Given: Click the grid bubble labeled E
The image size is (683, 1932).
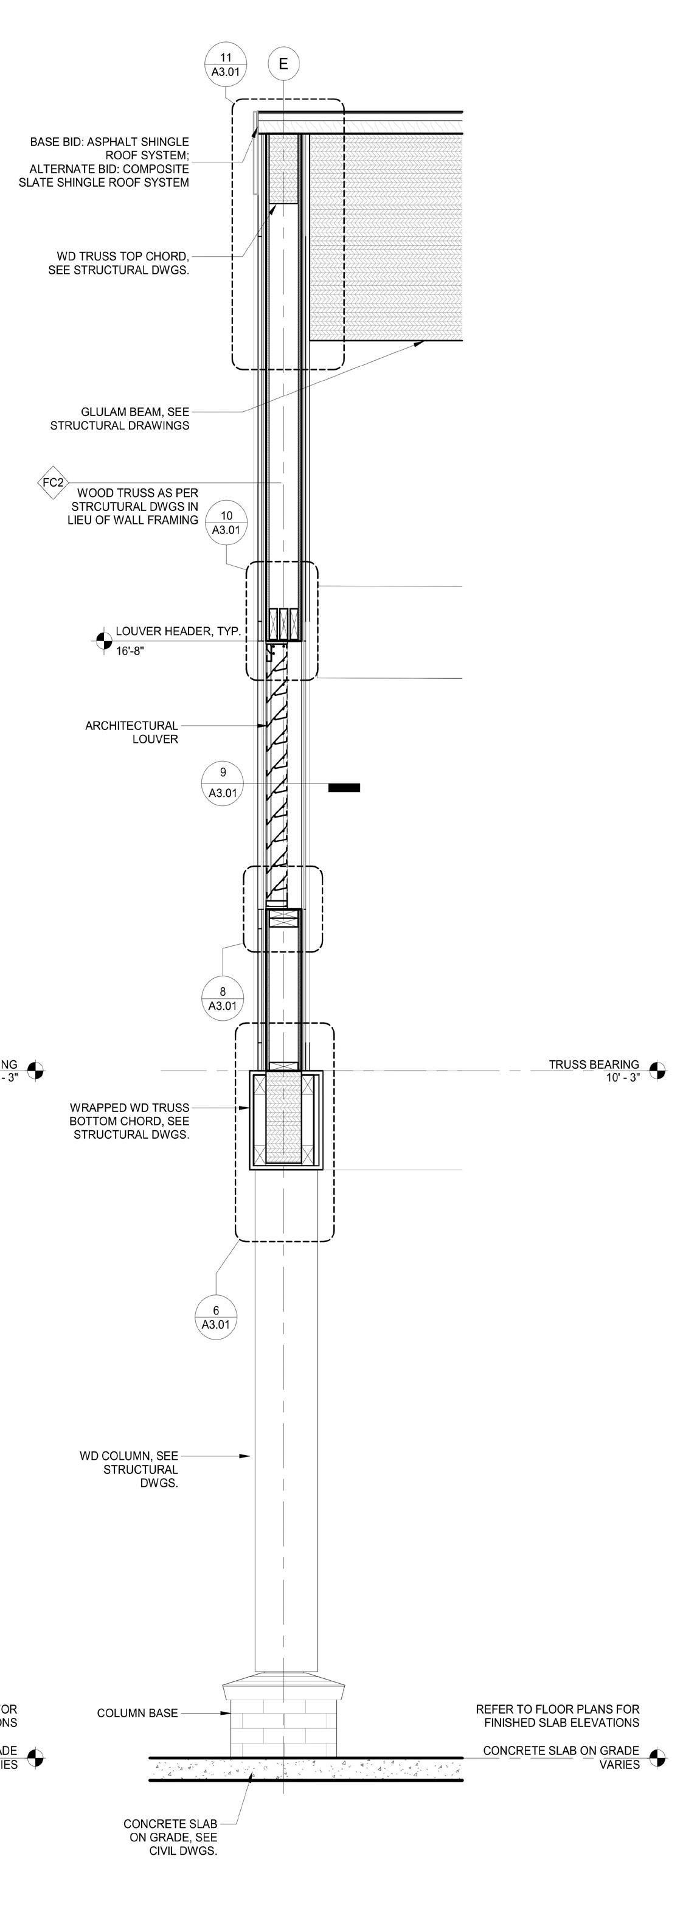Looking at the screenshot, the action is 283,64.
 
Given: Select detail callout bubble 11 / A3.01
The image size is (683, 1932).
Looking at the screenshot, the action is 226,64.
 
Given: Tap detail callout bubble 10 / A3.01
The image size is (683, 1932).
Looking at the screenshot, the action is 226,522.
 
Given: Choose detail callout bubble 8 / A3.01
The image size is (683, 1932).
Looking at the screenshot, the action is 223,998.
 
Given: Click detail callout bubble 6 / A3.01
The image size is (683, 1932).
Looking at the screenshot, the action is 216,1317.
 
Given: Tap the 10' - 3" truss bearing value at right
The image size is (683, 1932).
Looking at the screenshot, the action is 622,1078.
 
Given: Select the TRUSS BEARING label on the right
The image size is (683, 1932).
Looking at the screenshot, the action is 593,1065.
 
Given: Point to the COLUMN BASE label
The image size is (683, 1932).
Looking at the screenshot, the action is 137,1713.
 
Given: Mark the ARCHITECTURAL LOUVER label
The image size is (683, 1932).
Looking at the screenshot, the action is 132,732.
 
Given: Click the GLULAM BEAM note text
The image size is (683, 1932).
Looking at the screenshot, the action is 120,419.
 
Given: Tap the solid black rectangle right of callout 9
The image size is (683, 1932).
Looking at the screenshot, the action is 344,788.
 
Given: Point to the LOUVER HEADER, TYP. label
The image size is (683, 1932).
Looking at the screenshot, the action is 178,631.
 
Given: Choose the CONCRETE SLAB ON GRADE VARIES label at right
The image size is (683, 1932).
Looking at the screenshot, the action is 561,1757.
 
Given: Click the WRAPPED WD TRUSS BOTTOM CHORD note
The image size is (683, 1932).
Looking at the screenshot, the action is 130,1121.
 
